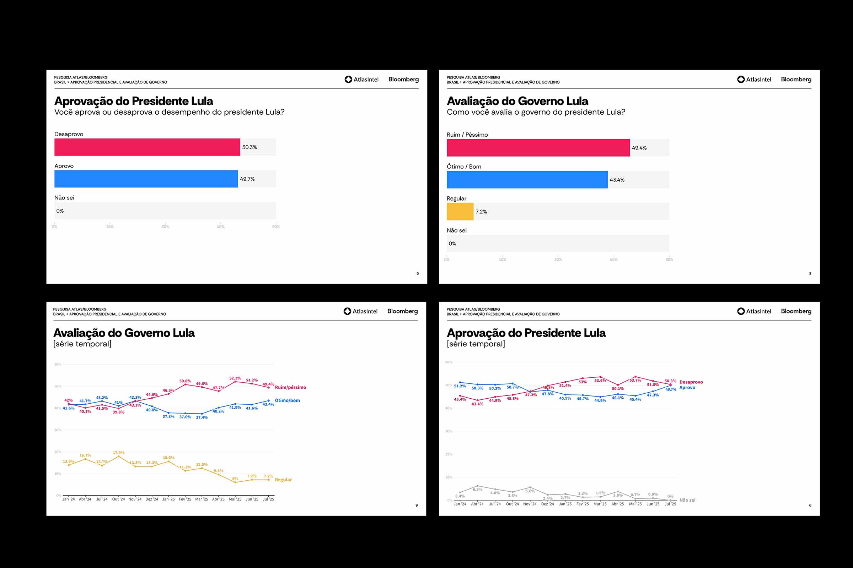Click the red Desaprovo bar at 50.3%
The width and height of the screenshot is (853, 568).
(x=147, y=147)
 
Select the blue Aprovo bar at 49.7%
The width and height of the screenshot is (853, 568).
(x=146, y=179)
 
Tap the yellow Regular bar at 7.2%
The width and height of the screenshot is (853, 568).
(x=460, y=212)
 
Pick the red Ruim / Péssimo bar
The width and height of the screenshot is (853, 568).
(x=538, y=148)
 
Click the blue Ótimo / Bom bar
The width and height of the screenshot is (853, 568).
(x=527, y=180)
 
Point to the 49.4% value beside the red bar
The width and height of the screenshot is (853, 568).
(x=639, y=148)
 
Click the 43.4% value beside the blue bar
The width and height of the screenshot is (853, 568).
(x=617, y=180)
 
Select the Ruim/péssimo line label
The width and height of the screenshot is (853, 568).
(x=290, y=387)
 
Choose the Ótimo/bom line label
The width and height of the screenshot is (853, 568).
(x=287, y=400)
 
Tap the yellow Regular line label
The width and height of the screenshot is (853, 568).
(x=283, y=480)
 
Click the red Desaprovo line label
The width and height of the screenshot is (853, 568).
(x=691, y=382)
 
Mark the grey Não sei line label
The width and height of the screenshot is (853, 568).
(x=687, y=500)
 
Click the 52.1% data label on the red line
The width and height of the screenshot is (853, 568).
(x=235, y=378)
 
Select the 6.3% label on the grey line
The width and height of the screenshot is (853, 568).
(x=477, y=490)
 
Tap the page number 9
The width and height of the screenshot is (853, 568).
(x=416, y=505)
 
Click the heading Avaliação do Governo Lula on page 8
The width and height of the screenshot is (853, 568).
(x=517, y=101)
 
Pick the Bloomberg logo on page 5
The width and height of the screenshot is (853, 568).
(x=403, y=79)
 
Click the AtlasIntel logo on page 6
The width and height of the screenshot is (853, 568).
(x=754, y=311)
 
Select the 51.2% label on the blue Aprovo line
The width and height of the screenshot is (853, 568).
(x=460, y=386)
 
